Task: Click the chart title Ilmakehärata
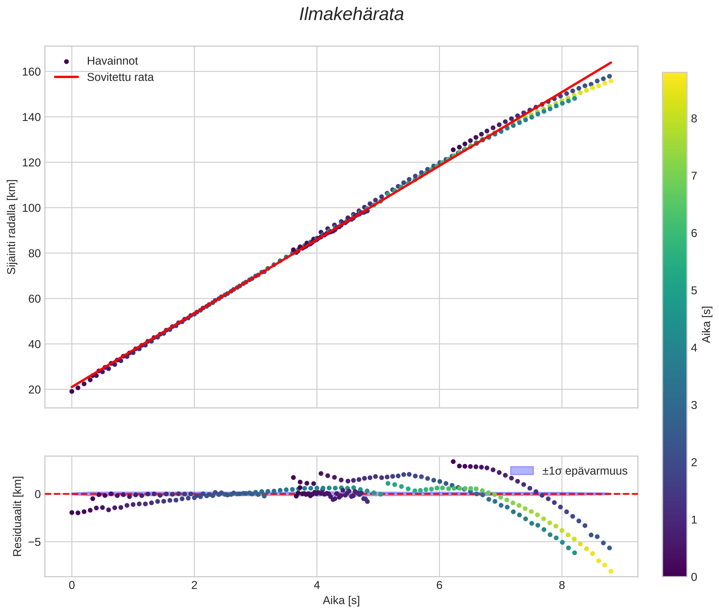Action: [x=351, y=14]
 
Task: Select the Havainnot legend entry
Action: [x=112, y=61]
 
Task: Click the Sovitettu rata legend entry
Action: [x=120, y=77]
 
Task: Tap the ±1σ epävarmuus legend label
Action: [x=585, y=471]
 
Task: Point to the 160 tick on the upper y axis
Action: [x=31, y=72]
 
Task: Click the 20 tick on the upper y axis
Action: [x=34, y=390]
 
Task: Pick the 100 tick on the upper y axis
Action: [x=31, y=208]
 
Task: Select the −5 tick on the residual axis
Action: [x=31, y=542]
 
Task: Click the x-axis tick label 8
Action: [x=562, y=585]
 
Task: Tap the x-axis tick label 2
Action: [x=194, y=585]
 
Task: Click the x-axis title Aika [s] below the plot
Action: [x=341, y=600]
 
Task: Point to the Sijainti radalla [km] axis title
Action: [x=12, y=227]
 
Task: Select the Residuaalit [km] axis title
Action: [x=17, y=516]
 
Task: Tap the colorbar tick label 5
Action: [x=694, y=290]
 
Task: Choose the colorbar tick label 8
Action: [x=694, y=119]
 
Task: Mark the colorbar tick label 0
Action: [x=694, y=577]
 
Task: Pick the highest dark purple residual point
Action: [x=453, y=462]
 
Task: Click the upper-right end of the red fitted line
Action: [x=611, y=63]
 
